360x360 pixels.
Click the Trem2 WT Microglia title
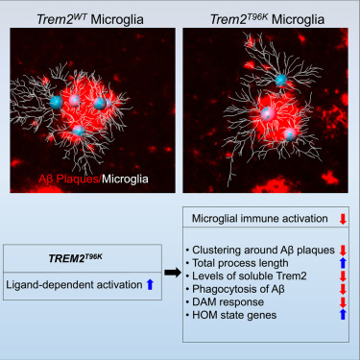[90, 12]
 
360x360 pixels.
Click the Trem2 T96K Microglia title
[265, 12]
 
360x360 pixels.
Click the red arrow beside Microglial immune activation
[344, 220]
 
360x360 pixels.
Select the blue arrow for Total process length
[344, 262]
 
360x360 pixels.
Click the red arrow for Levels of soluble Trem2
[344, 278]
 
